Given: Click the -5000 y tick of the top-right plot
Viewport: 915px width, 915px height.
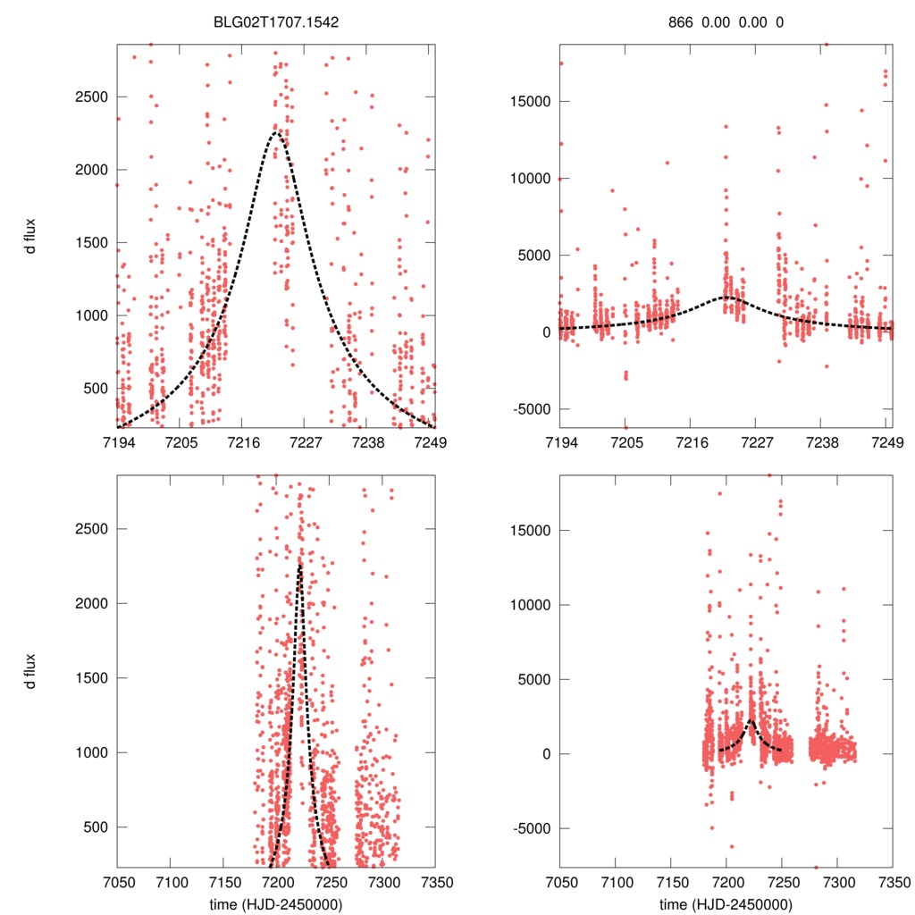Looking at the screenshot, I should (530, 409).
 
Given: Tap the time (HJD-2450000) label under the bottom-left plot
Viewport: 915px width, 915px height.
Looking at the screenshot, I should (275, 903).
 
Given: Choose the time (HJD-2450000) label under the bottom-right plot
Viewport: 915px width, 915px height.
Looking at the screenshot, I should (726, 903).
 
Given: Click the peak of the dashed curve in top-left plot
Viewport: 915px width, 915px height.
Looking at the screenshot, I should (276, 132).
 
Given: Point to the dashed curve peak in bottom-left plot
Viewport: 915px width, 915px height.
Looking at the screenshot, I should (299, 565).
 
